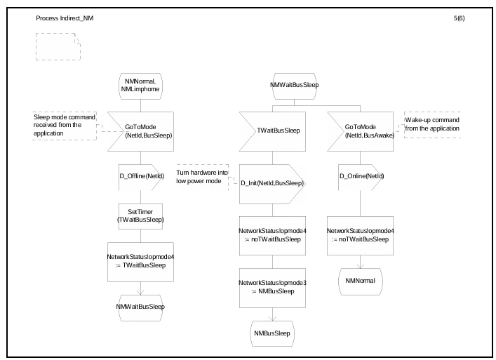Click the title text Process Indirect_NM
point(65,18)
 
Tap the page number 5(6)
point(459,18)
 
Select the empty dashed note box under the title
point(58,46)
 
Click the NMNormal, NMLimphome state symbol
point(140,86)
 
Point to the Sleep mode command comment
point(65,126)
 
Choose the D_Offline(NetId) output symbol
point(141,177)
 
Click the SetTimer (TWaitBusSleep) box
point(140,216)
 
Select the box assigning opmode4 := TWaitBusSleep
point(140,262)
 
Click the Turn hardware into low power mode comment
point(202,177)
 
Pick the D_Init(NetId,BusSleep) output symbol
point(272,184)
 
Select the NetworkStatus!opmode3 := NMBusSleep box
point(272,288)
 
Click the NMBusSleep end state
point(272,333)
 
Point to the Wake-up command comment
point(432,125)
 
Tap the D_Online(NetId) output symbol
point(361,177)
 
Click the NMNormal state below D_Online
point(361,281)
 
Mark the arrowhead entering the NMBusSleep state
point(272,318)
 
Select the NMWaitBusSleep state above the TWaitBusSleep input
point(294,86)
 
